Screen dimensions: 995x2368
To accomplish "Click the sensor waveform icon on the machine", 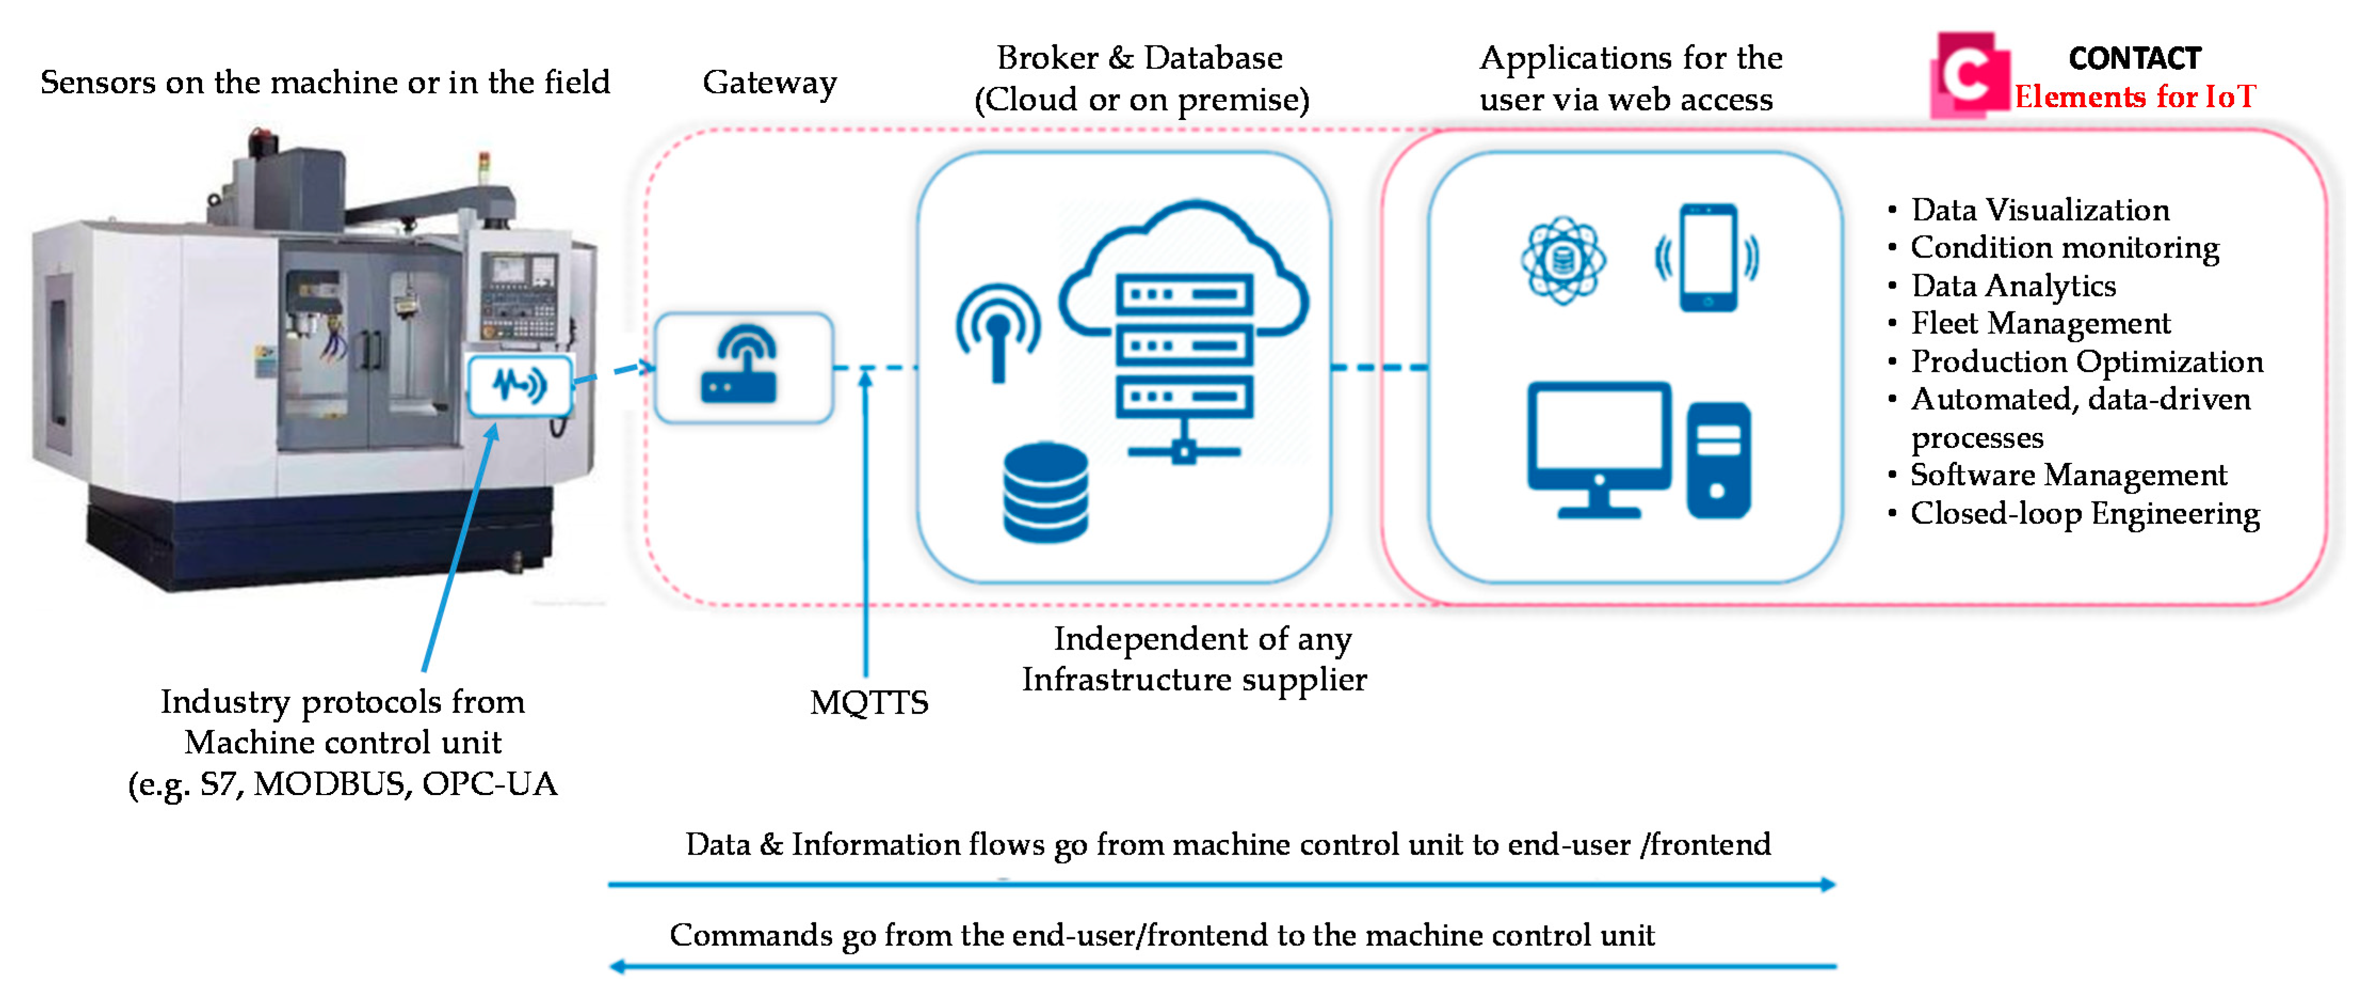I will point(519,384).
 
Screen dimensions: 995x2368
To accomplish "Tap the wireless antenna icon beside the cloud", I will point(998,331).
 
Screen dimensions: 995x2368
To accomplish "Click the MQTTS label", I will point(869,703).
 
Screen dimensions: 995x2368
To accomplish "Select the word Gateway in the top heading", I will point(770,83).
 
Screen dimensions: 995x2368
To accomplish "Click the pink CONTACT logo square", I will point(1969,75).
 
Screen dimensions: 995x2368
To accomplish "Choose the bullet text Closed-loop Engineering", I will point(2084,513).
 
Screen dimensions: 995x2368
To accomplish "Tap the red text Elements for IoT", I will point(2135,97).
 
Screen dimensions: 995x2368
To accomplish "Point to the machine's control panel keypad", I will point(518,312).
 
